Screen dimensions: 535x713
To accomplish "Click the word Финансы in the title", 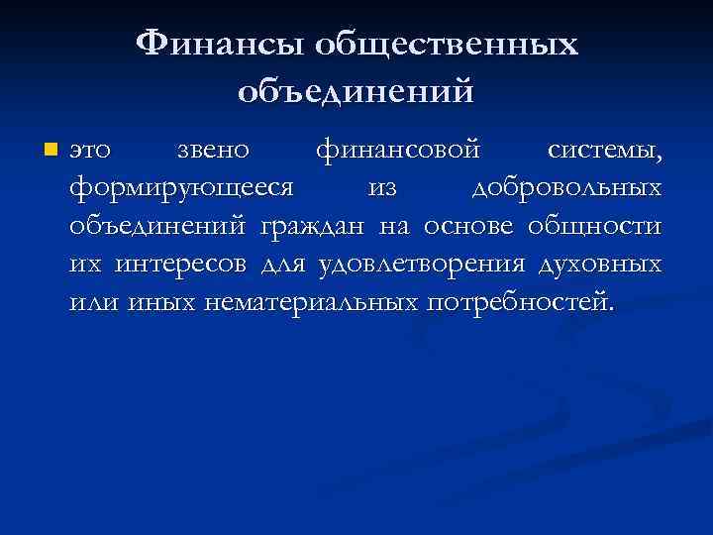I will [223, 44].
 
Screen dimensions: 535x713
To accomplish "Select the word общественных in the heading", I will [447, 44].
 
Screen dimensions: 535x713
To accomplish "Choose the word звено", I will [213, 152].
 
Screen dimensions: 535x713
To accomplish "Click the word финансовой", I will [398, 152].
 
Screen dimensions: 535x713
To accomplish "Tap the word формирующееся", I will [182, 189].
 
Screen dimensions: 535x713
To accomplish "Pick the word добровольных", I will [565, 189].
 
